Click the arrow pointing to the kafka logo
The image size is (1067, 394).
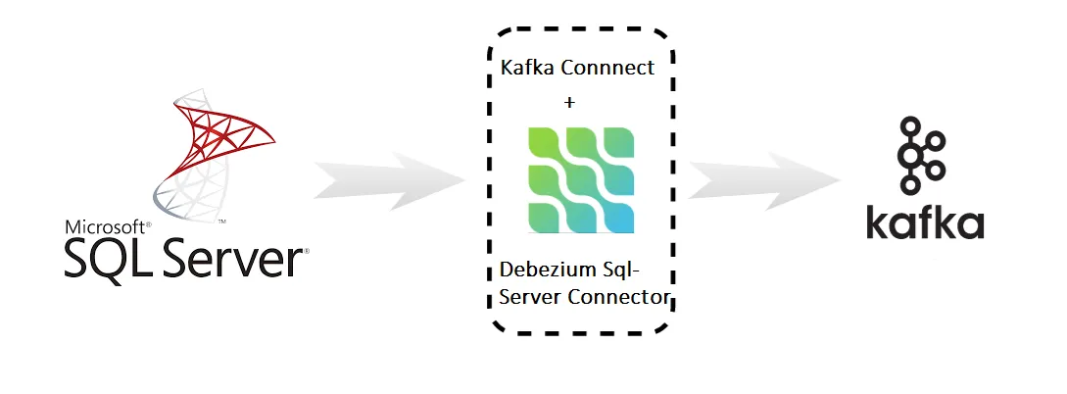click(764, 180)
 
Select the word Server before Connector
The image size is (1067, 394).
click(530, 296)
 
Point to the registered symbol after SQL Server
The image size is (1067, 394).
click(306, 251)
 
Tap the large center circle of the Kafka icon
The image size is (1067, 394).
click(912, 155)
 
